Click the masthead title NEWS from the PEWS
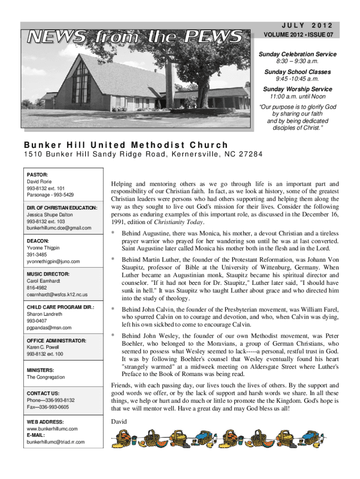pyautogui.click(x=135, y=36)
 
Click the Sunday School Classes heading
pyautogui.click(x=297, y=72)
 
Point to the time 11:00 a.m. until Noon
pyautogui.click(x=297, y=97)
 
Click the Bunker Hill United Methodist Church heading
pyautogui.click(x=126, y=145)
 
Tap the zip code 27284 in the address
pyautogui.click(x=250, y=155)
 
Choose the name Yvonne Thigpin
pyautogui.click(x=43, y=247)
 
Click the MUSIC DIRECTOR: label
pyautogui.click(x=48, y=274)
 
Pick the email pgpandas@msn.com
pyautogui.click(x=49, y=327)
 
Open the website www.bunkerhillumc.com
pyautogui.click(x=52, y=428)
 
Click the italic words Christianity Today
pyautogui.click(x=182, y=222)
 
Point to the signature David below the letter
pyautogui.click(x=119, y=422)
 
